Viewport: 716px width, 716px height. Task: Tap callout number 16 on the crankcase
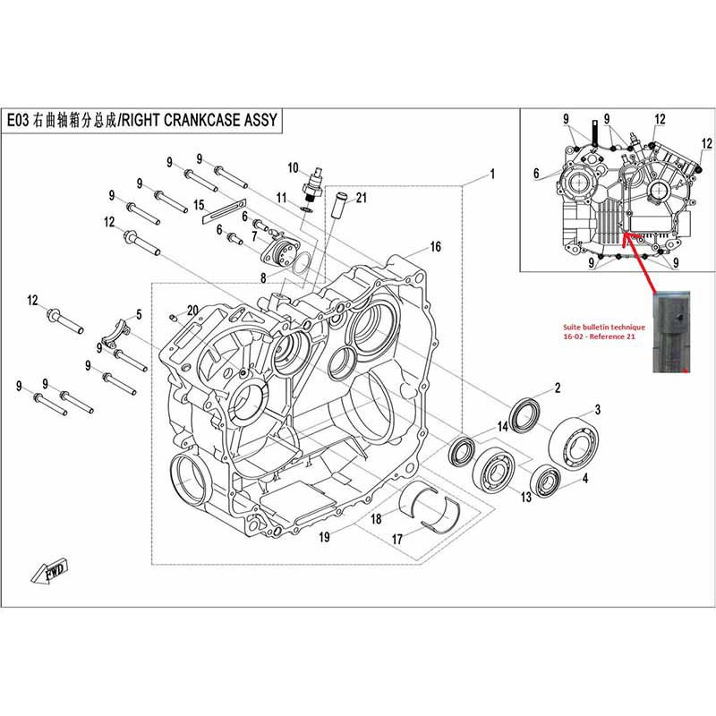click(435, 247)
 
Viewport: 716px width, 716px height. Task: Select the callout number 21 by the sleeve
click(362, 197)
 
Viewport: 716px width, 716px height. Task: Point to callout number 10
click(293, 168)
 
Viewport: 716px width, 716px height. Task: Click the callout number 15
click(199, 206)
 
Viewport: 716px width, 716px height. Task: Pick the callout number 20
click(192, 311)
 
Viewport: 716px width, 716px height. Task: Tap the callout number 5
click(139, 314)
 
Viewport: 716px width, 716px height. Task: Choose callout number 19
click(325, 537)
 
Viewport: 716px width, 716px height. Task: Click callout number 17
click(396, 539)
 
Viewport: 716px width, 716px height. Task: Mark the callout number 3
click(597, 409)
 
